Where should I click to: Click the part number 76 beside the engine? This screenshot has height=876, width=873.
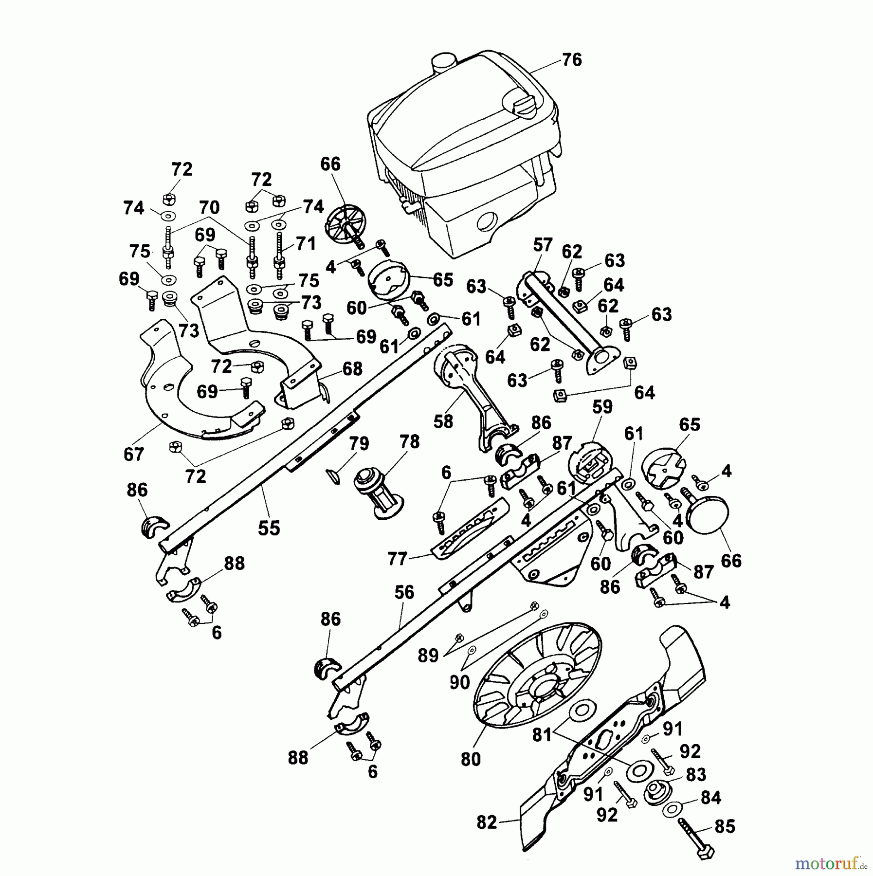tap(571, 60)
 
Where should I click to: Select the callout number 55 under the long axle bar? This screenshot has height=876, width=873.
tap(269, 528)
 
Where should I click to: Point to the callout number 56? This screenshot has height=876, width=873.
tap(404, 592)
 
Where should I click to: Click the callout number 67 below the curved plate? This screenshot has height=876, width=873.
tap(133, 454)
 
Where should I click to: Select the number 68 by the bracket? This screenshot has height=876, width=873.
tap(352, 368)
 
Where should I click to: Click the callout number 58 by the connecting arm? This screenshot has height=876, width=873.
tap(443, 421)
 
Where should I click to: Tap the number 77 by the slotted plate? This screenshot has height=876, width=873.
tap(397, 559)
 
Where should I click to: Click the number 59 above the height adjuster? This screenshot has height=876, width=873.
tap(602, 407)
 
